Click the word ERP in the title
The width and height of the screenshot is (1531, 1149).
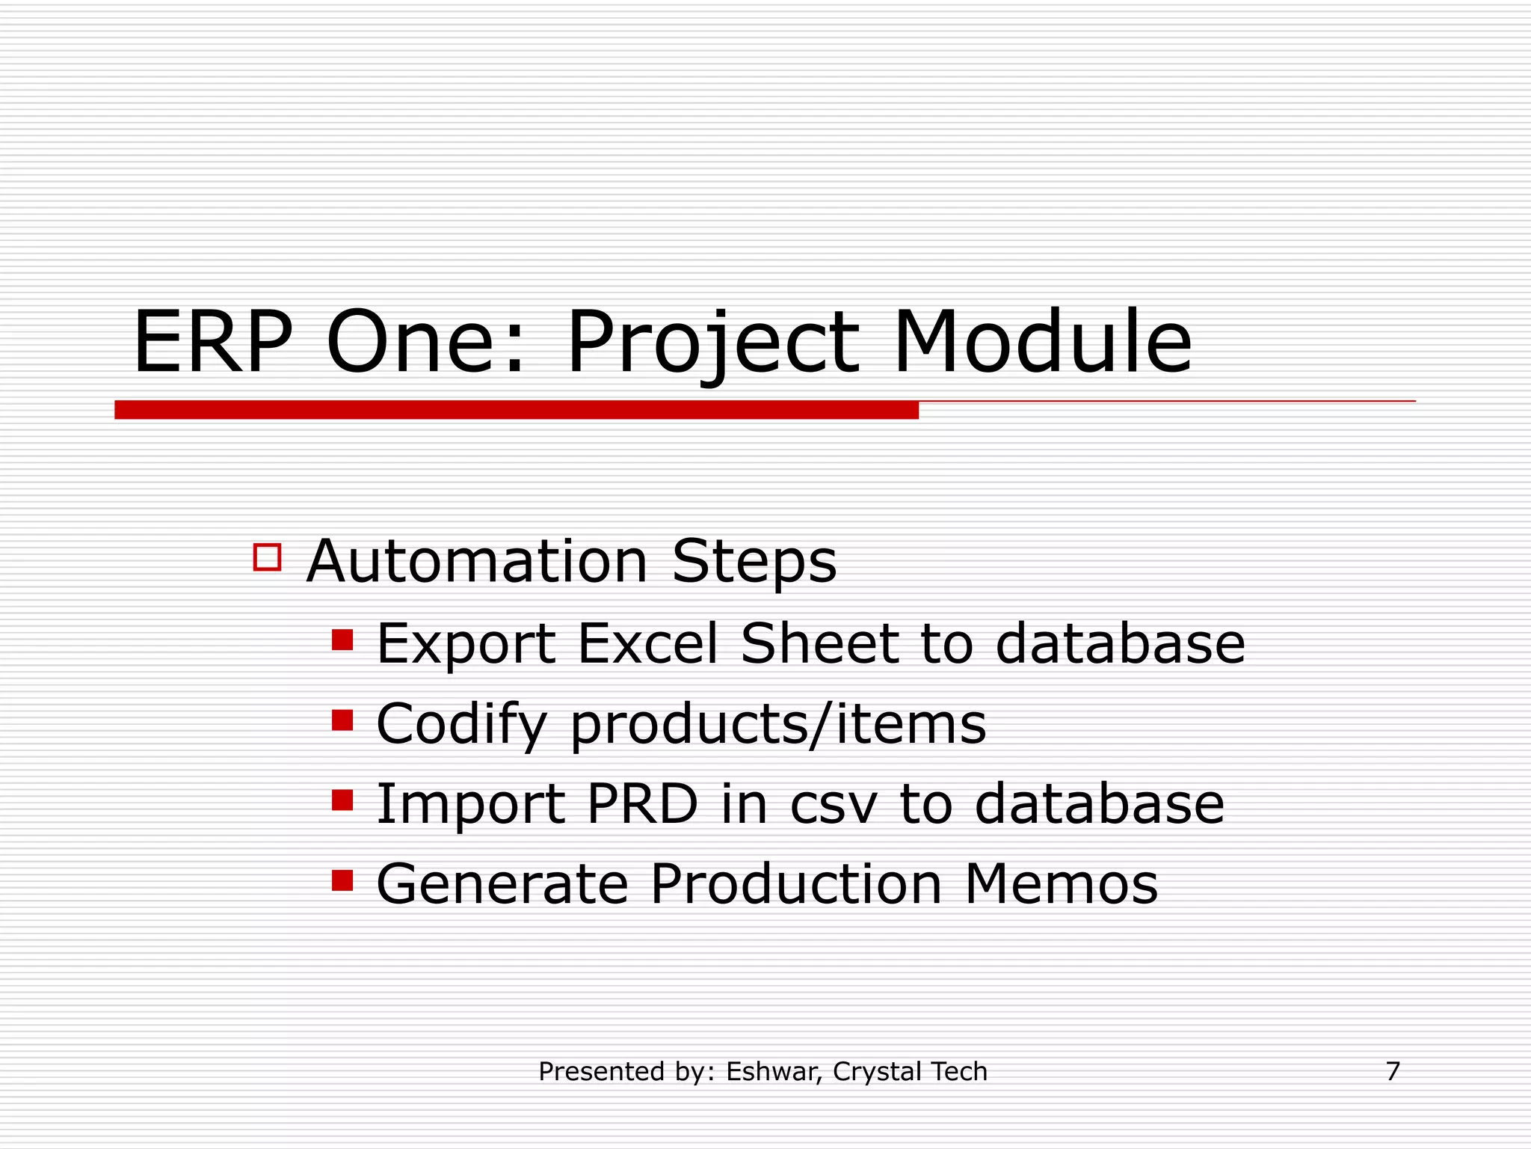tap(212, 343)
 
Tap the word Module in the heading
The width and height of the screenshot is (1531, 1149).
tap(1042, 343)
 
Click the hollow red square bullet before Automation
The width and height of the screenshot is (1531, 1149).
tap(267, 557)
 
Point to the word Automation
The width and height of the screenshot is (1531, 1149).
tap(477, 562)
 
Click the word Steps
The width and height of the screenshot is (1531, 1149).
tap(754, 562)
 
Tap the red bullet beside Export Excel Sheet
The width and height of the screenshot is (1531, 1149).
tap(342, 640)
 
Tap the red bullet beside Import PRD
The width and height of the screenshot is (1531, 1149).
tap(342, 800)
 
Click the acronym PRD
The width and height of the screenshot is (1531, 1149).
tap(642, 804)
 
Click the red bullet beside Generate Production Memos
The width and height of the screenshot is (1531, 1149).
tap(342, 880)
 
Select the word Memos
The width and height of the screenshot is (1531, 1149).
tap(1061, 884)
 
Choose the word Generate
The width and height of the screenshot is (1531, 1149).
tap(502, 884)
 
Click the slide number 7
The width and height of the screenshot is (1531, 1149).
tap(1393, 1071)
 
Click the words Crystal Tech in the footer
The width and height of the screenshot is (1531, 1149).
tap(910, 1072)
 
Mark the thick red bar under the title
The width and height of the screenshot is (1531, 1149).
tap(516, 410)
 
